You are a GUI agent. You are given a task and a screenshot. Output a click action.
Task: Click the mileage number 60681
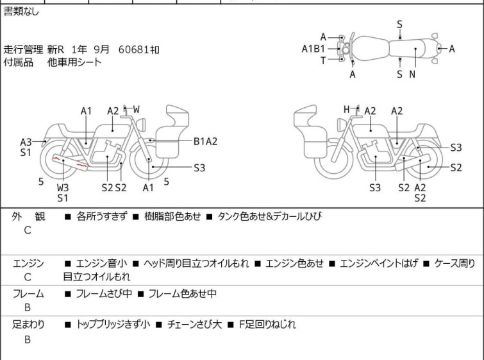134,49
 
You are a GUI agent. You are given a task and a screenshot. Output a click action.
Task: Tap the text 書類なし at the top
21,12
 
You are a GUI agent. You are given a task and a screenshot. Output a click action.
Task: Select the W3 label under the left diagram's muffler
63,187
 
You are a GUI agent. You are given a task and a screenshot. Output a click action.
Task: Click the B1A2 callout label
205,141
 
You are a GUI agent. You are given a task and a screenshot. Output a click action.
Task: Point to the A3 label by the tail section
26,142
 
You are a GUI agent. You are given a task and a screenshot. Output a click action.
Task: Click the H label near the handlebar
347,109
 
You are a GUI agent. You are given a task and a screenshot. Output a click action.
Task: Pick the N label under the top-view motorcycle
412,74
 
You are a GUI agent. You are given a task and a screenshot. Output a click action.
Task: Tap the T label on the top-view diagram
323,60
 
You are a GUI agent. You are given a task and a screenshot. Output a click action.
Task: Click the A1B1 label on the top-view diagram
313,49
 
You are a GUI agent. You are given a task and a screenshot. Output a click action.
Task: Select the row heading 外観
28,216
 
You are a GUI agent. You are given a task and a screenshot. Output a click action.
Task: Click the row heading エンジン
28,263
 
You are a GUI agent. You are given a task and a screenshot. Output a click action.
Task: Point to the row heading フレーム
28,293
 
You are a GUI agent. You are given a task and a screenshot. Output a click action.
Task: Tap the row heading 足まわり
28,325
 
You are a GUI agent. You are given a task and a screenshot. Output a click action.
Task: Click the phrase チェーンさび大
194,325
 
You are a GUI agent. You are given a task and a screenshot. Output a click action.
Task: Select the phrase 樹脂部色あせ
172,216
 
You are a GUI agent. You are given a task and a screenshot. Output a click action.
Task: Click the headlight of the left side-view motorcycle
141,124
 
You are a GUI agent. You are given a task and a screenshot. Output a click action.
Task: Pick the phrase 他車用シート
74,62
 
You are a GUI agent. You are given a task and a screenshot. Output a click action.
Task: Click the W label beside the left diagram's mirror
136,109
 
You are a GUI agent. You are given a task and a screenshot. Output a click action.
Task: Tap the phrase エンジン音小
101,263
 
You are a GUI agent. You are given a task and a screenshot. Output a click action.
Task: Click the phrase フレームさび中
104,293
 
